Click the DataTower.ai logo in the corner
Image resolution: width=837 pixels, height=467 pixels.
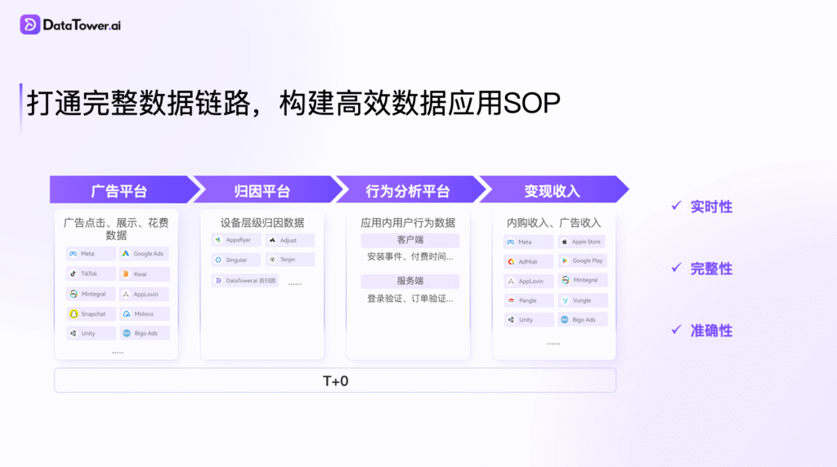tap(71, 24)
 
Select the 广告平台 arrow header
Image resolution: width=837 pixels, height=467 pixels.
tap(119, 191)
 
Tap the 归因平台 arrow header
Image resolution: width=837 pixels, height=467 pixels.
tap(262, 191)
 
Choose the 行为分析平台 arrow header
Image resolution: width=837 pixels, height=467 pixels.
tap(407, 191)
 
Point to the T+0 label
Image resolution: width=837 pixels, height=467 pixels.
tap(335, 380)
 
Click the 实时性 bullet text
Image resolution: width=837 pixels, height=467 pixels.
tap(711, 207)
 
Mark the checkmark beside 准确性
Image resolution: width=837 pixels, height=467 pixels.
tap(676, 330)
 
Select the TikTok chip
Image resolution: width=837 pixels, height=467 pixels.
tap(90, 274)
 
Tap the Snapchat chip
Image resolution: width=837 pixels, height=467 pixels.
tap(90, 314)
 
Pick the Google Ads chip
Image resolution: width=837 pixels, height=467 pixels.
tap(144, 254)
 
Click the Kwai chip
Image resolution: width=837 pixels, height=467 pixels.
tap(144, 274)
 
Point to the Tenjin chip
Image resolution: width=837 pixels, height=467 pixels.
tap(289, 260)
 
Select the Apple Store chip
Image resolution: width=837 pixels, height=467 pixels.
tap(582, 242)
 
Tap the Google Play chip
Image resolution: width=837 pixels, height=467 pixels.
tap(582, 260)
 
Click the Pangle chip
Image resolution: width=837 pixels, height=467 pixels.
tap(528, 300)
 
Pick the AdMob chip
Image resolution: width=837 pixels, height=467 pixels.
tap(528, 261)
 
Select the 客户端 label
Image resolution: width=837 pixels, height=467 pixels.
tap(410, 240)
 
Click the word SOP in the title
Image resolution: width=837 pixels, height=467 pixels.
tap(532, 105)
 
